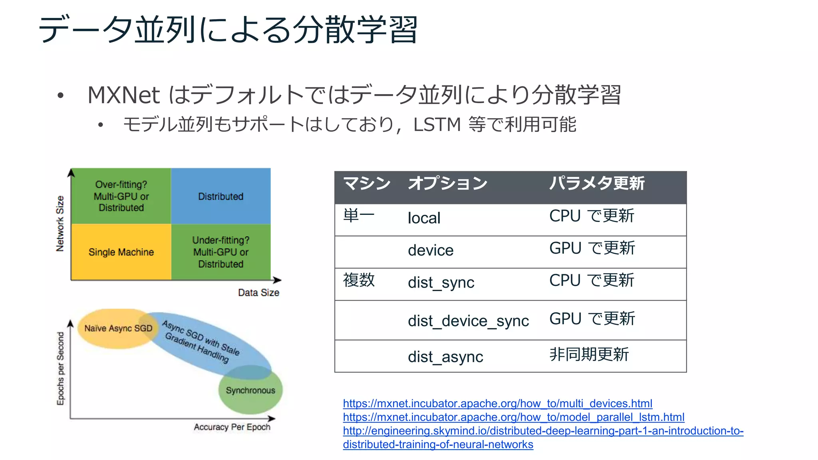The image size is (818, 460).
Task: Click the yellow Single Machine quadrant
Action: tap(121, 252)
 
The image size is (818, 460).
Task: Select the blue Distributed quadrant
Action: tap(221, 196)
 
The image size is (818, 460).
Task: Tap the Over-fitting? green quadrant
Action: tap(121, 196)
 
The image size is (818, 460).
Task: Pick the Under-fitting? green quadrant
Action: tap(221, 252)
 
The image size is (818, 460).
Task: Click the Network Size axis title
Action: tap(60, 224)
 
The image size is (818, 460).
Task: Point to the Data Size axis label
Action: tap(258, 293)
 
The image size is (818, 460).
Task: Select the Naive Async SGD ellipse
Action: tap(116, 329)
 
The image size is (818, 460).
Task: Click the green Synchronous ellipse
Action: tap(250, 391)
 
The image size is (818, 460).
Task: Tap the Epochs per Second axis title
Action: tap(60, 369)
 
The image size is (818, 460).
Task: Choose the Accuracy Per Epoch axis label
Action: tap(232, 427)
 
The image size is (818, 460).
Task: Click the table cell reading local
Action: tap(424, 218)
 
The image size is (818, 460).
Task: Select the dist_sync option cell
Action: tap(441, 283)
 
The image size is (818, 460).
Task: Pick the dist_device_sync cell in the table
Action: tap(468, 321)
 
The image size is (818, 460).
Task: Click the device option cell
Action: tap(431, 250)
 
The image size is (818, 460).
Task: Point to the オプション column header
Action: tap(447, 184)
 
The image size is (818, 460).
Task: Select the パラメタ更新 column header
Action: tap(597, 184)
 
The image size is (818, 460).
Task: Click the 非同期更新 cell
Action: tap(589, 355)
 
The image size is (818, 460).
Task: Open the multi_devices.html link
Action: tap(497, 404)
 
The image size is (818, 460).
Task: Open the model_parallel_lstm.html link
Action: tap(513, 417)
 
